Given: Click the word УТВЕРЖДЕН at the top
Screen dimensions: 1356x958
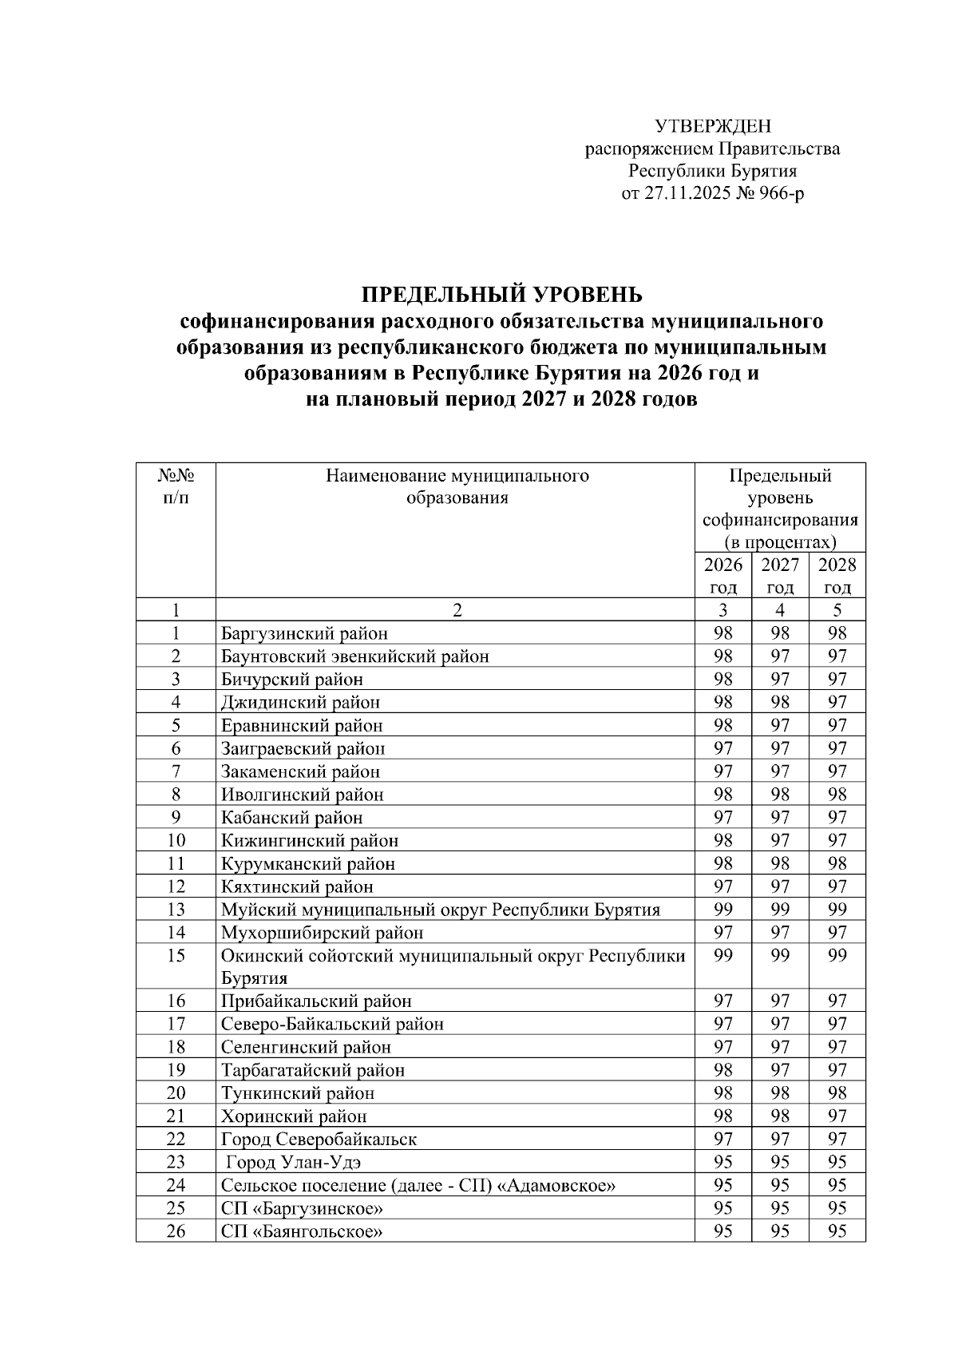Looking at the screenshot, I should coord(713,126).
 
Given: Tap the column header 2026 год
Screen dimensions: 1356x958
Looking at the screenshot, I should coord(722,576).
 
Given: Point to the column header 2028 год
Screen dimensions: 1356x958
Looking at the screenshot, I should coord(837,576).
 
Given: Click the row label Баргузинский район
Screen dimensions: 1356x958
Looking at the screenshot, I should coord(304,634).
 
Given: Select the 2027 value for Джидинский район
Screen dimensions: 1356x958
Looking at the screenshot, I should coord(780,703).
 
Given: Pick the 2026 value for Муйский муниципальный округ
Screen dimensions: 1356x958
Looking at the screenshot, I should coord(722,910).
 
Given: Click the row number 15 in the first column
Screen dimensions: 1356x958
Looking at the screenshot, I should coord(176,956).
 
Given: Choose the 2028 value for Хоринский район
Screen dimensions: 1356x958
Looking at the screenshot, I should coord(837,1116).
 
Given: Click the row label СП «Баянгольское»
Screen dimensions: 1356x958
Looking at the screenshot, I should coord(302,1231).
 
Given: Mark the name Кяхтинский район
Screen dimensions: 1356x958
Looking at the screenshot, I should coord(297,887).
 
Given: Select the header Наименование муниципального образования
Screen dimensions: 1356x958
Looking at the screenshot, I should coord(457,487).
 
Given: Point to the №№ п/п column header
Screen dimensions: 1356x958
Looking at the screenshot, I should coord(176,487).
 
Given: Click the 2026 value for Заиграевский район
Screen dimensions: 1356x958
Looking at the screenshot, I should coord(722,749).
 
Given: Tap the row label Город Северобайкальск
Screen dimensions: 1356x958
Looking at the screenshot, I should coord(319,1140).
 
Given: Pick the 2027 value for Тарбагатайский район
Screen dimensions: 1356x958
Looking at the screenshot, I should coord(780,1071).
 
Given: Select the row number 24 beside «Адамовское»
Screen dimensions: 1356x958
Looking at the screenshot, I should coord(176,1186).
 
